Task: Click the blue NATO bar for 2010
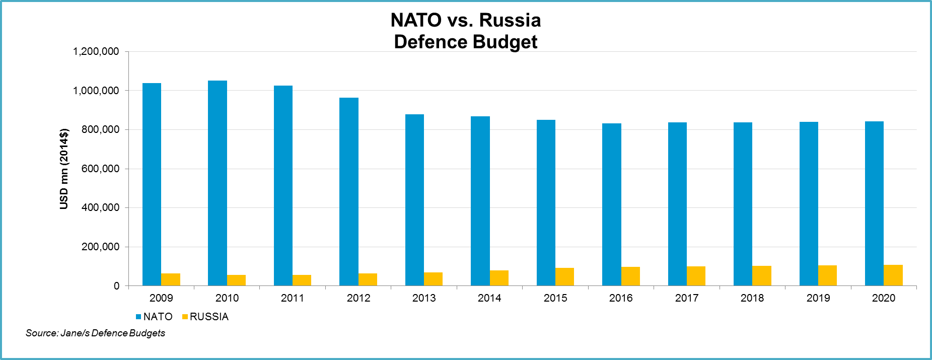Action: point(218,183)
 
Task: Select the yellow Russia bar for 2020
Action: point(893,275)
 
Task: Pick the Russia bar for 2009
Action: point(171,279)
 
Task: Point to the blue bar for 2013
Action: point(414,200)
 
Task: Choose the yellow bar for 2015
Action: point(564,277)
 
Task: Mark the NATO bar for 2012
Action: point(349,192)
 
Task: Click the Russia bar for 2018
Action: point(762,276)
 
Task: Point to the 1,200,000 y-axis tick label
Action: point(96,51)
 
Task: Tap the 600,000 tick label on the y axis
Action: point(100,169)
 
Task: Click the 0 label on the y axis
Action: point(116,286)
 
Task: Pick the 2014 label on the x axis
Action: point(489,298)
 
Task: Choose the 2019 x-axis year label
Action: point(818,298)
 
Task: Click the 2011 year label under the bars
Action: point(293,298)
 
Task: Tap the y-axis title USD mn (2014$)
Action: point(64,169)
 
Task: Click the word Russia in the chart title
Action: point(510,20)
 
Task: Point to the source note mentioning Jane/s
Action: point(95,333)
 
